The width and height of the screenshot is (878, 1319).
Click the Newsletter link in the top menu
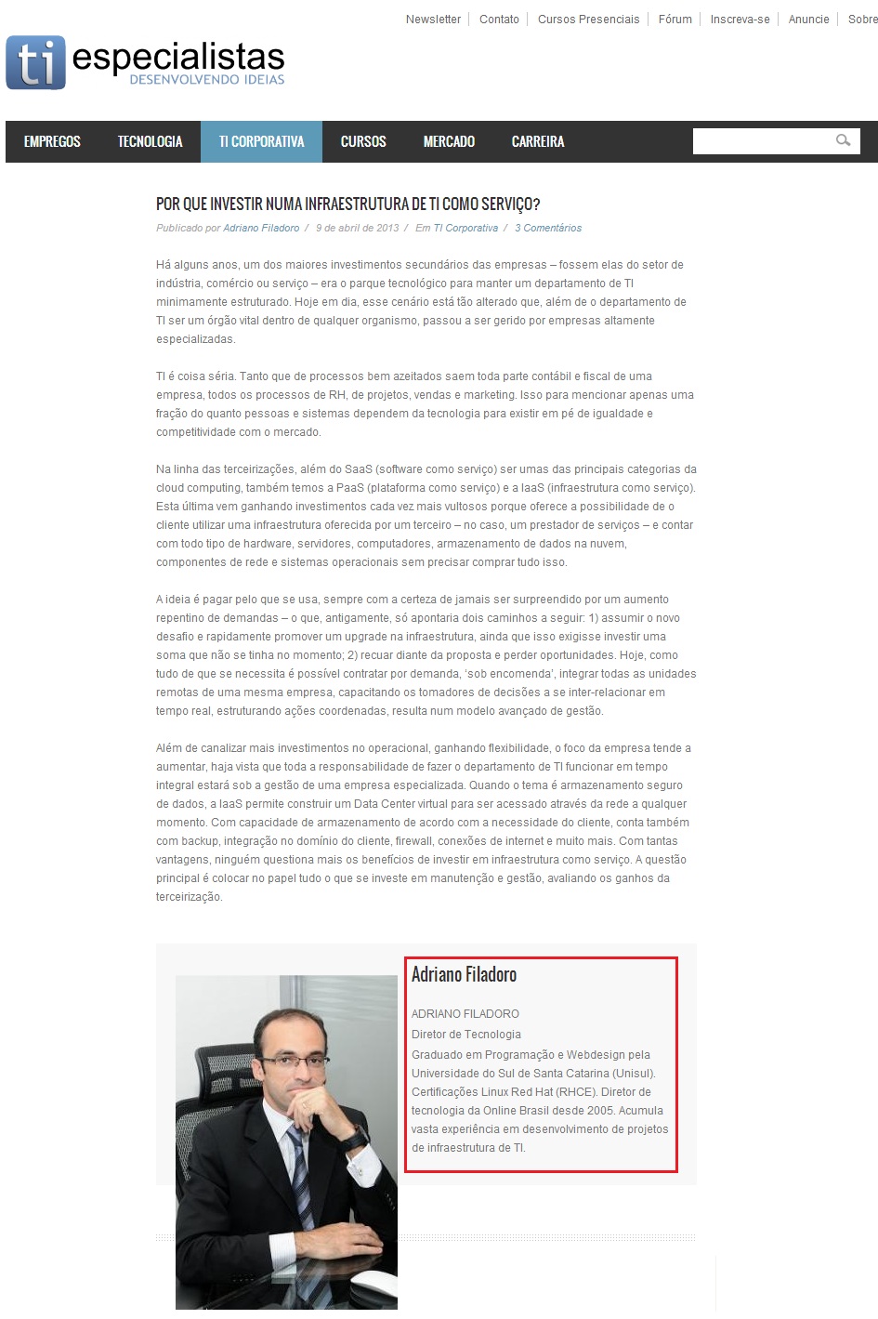[x=433, y=20]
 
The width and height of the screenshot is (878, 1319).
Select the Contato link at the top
[x=499, y=20]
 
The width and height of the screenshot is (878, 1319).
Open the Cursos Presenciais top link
[x=588, y=20]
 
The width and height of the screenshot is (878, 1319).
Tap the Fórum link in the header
[x=675, y=20]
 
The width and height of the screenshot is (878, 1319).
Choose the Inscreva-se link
[x=740, y=20]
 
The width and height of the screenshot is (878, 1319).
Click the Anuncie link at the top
[x=808, y=20]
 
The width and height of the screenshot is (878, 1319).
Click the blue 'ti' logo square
[x=35, y=63]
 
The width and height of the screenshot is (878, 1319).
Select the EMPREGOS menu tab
[x=52, y=142]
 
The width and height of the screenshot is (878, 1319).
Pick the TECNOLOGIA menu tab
[x=150, y=142]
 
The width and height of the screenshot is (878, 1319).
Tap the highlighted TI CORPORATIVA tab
[x=261, y=142]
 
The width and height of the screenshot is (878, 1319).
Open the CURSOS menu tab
[x=363, y=142]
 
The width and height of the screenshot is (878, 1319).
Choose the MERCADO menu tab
[x=449, y=142]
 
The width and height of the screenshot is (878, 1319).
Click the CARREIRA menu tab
[x=538, y=142]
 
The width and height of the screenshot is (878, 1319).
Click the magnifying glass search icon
[x=844, y=141]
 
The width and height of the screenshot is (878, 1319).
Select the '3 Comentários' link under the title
[x=548, y=228]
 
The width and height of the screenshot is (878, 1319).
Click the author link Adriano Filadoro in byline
[x=261, y=228]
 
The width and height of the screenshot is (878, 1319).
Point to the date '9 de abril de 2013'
[x=357, y=228]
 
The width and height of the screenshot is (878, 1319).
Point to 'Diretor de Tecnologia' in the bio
[x=466, y=1035]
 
